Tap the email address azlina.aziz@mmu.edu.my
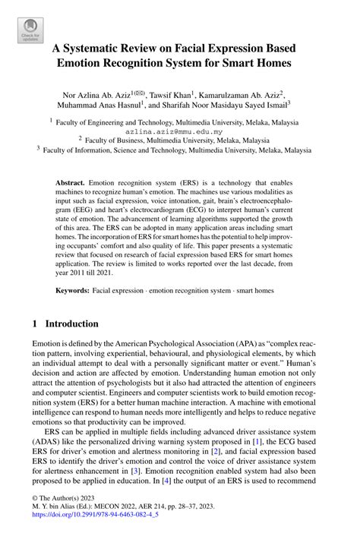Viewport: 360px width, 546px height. [180, 131]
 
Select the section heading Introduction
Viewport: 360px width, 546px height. [71, 324]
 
